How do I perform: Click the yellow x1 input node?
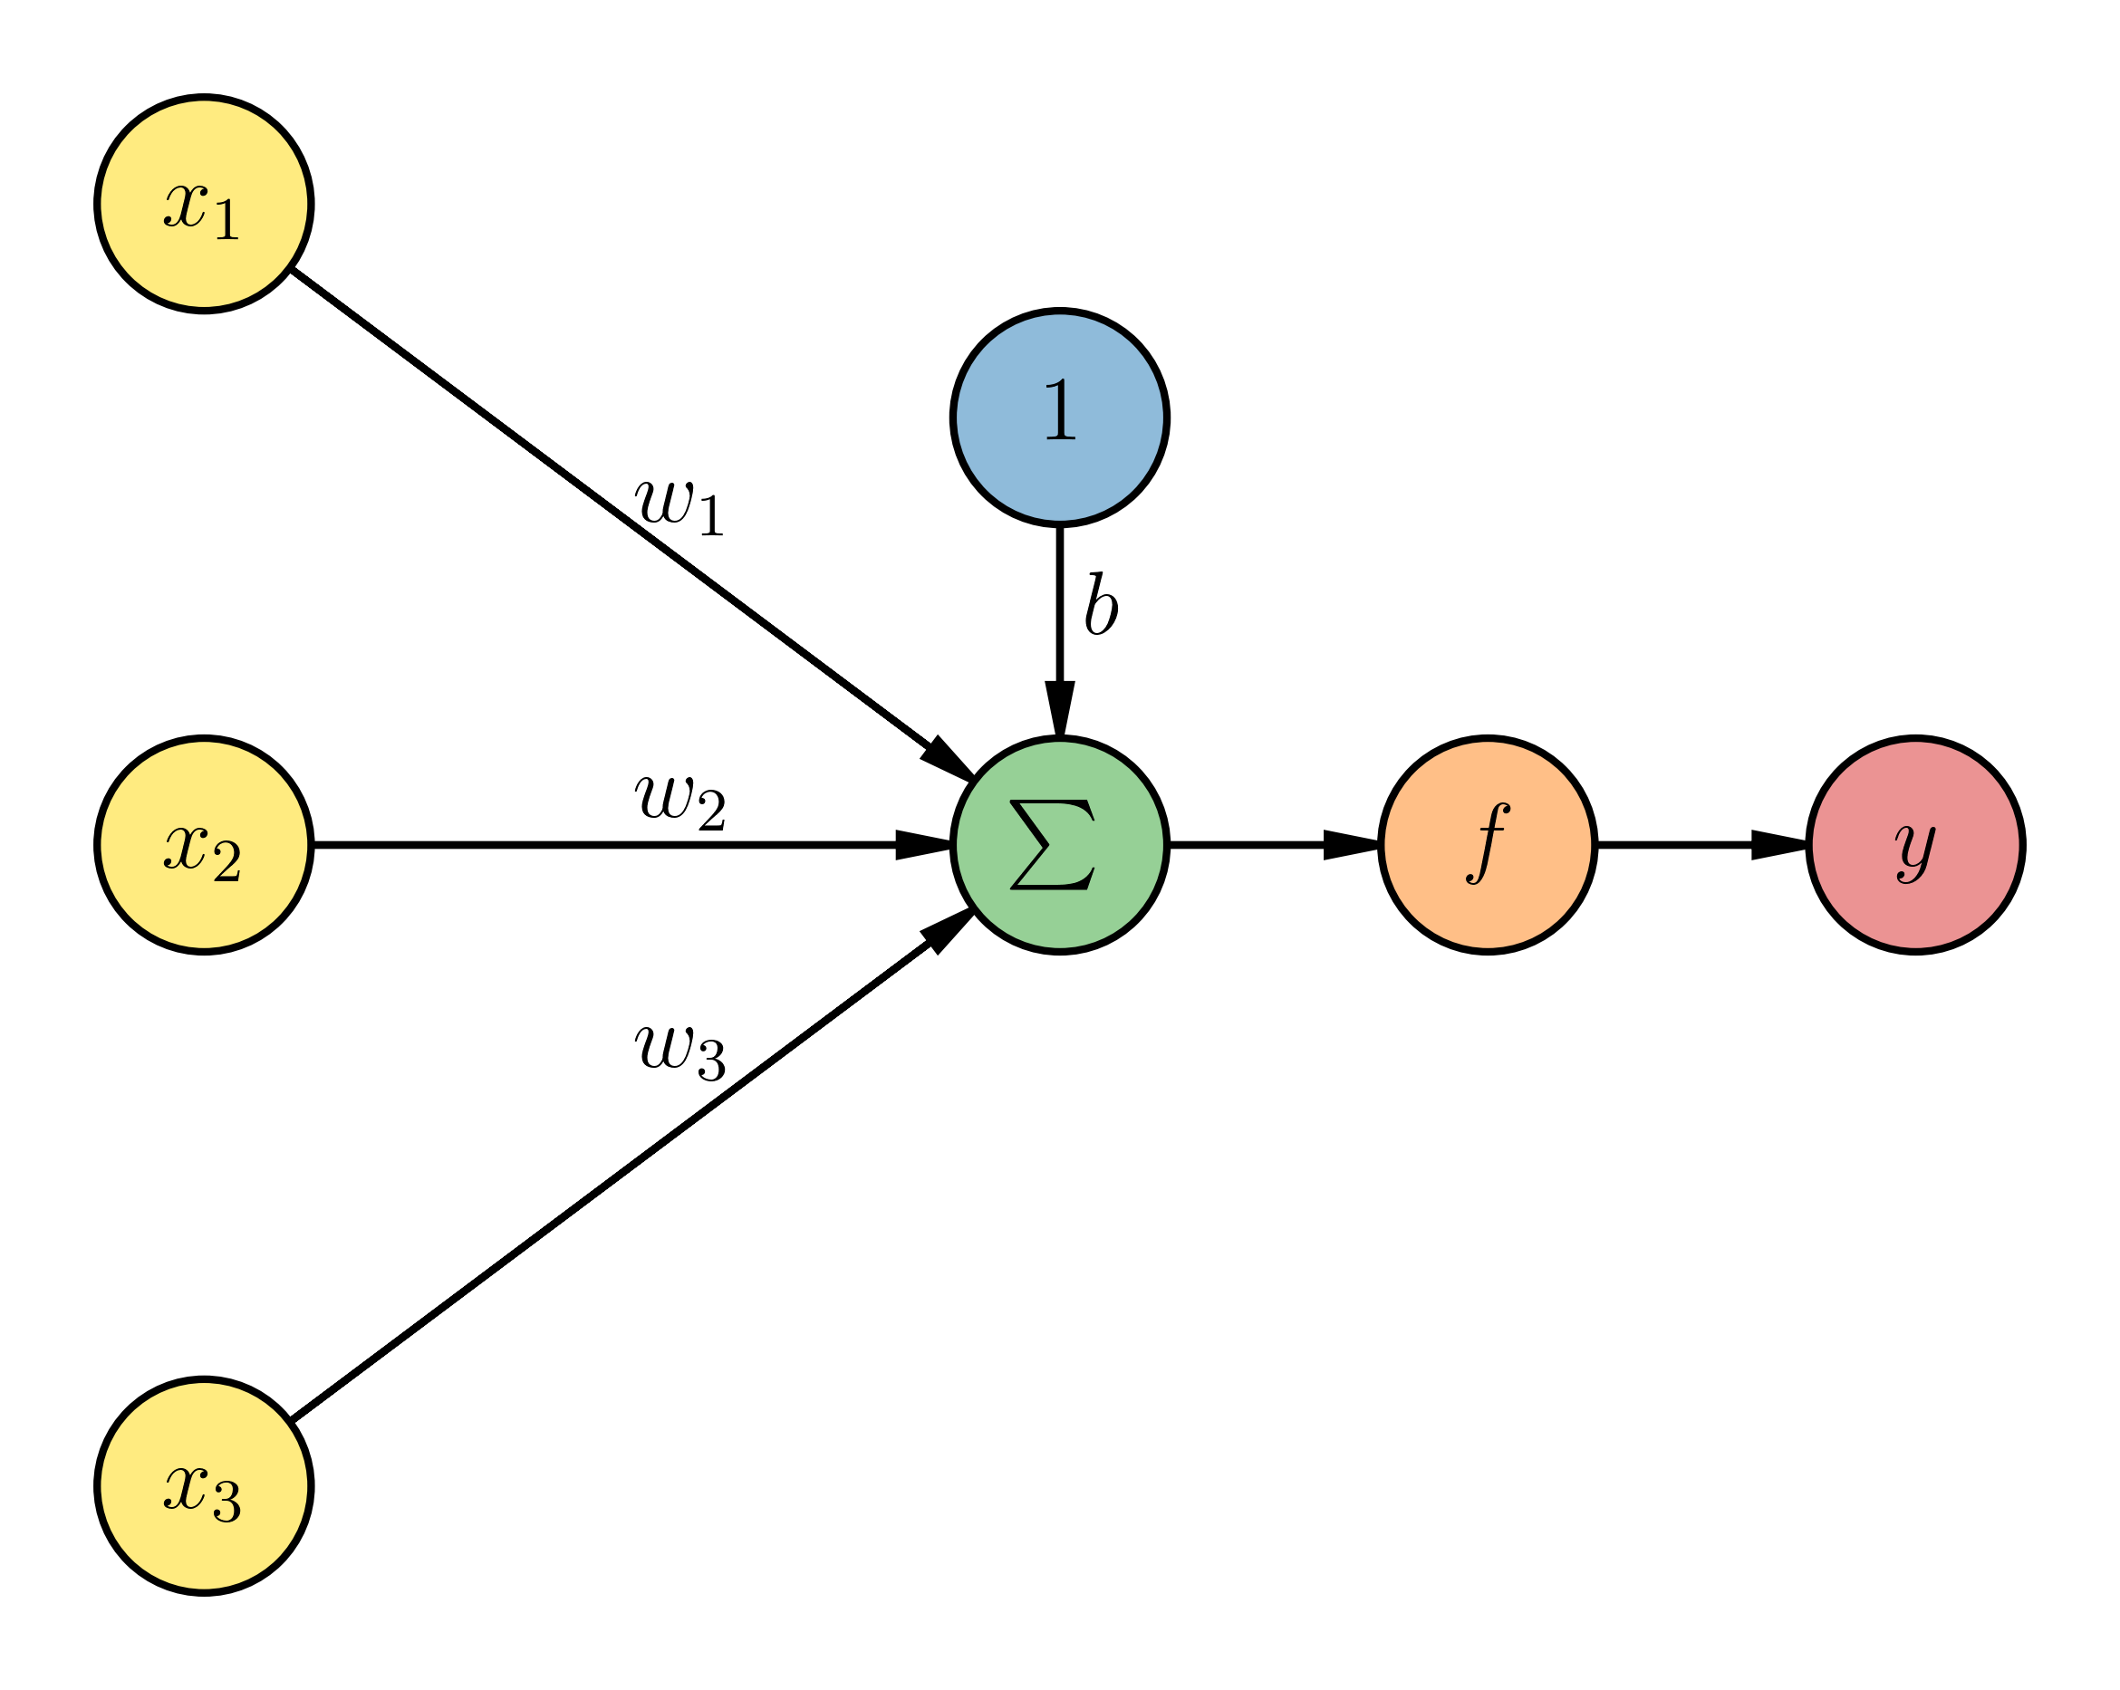204,205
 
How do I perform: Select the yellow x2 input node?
204,844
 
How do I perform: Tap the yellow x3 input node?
204,1485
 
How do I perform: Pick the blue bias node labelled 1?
1059,418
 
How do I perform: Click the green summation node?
1059,844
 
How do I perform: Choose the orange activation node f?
1487,844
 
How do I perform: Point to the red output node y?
1914,844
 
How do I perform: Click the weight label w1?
679,504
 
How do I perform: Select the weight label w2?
679,798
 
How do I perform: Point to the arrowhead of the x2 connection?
922,844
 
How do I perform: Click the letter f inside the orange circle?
1487,842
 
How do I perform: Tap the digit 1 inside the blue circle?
1060,410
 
